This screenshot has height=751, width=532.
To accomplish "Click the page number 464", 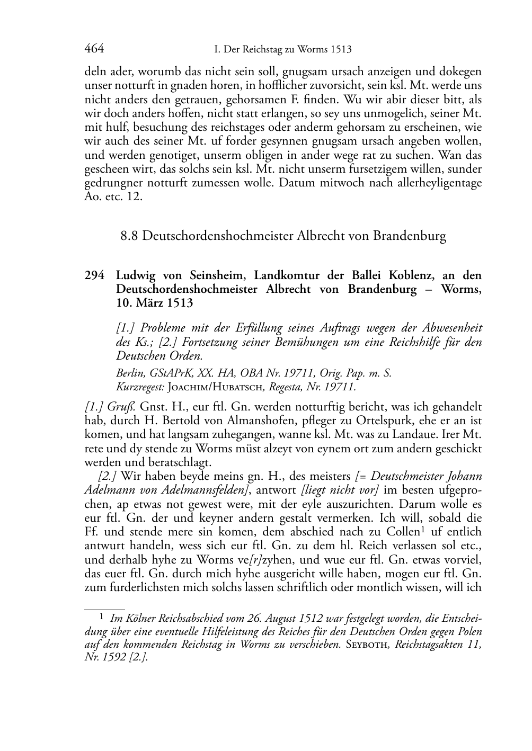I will pyautogui.click(x=94, y=49).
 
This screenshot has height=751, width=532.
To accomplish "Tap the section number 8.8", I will pyautogui.click(x=130, y=236).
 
